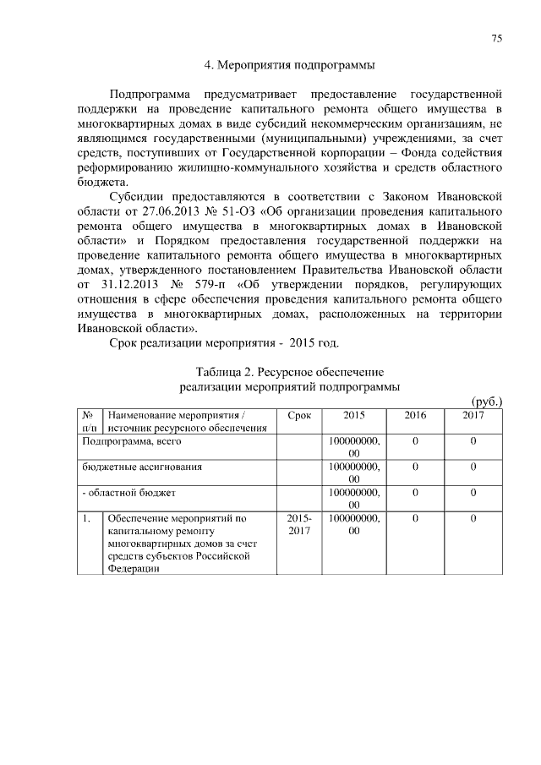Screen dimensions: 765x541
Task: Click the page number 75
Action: tap(497, 38)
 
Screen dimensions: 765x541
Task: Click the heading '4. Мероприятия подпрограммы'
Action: tap(290, 64)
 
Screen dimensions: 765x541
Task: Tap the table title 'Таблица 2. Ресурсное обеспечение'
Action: tap(290, 372)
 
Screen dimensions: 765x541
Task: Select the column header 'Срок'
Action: tap(299, 416)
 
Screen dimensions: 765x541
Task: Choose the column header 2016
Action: tap(415, 416)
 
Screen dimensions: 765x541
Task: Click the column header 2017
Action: tap(473, 416)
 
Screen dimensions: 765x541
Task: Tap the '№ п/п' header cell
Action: tap(89, 422)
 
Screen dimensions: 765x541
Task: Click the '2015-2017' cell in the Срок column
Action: tap(299, 524)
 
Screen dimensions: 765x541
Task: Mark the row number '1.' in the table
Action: tap(87, 517)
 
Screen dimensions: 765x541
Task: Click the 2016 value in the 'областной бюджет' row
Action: tap(415, 492)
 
